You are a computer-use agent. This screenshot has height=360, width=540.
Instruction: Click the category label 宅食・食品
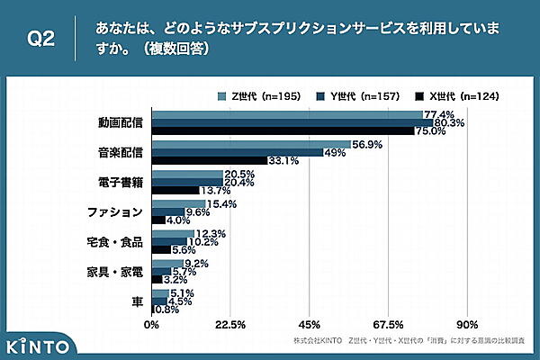tap(113, 242)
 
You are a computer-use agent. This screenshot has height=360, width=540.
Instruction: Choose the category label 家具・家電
tap(113, 272)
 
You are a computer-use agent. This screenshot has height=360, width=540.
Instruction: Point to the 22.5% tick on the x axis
tap(231, 324)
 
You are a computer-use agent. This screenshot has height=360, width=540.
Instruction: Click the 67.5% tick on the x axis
tap(388, 324)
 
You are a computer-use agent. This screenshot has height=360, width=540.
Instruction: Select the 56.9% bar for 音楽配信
tap(251, 144)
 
